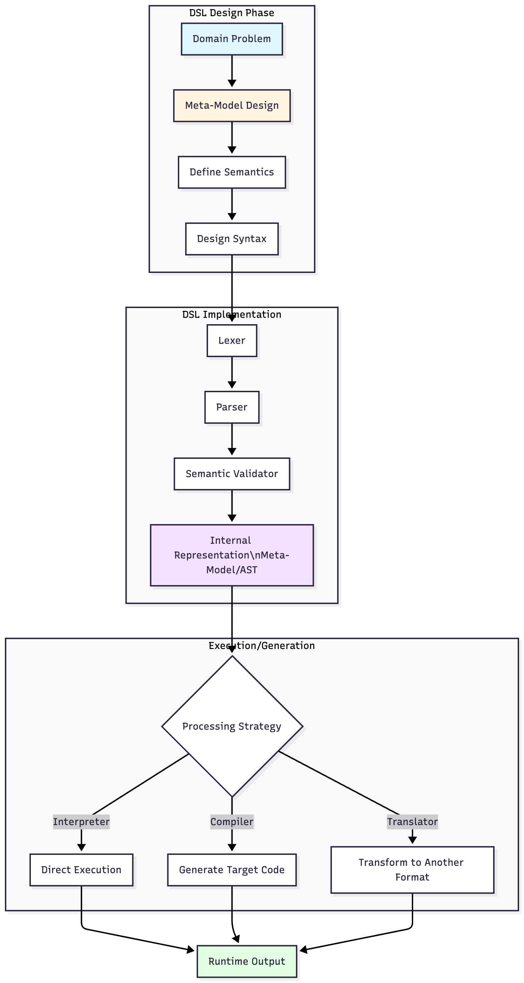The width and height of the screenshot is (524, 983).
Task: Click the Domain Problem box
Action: click(x=231, y=39)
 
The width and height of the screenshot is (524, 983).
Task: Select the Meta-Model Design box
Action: click(x=231, y=106)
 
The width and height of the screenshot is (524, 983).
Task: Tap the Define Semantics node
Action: click(x=231, y=172)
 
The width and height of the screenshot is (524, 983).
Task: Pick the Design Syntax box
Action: click(x=231, y=239)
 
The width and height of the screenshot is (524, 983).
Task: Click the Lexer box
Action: click(x=231, y=340)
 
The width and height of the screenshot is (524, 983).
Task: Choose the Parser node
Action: click(x=231, y=407)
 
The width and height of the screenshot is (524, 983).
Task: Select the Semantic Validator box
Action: click(x=231, y=474)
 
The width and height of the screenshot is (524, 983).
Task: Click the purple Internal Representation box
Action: click(x=231, y=555)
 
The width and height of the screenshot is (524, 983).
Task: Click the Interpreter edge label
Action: click(x=81, y=822)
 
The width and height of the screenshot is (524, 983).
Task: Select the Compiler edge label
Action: click(x=231, y=822)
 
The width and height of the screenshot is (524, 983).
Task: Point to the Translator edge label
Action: click(x=412, y=822)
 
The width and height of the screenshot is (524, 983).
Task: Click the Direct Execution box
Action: click(x=81, y=870)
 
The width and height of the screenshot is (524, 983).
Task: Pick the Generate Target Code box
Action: click(x=231, y=870)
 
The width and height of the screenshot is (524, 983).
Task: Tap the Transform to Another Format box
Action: click(x=412, y=870)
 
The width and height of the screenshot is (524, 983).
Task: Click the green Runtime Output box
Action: click(x=247, y=961)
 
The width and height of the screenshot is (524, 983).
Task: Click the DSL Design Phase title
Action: click(x=231, y=13)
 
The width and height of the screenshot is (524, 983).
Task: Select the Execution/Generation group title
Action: click(x=262, y=645)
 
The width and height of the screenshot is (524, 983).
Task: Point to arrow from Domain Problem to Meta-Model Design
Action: click(x=231, y=71)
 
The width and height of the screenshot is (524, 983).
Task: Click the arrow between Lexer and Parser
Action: click(x=231, y=373)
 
